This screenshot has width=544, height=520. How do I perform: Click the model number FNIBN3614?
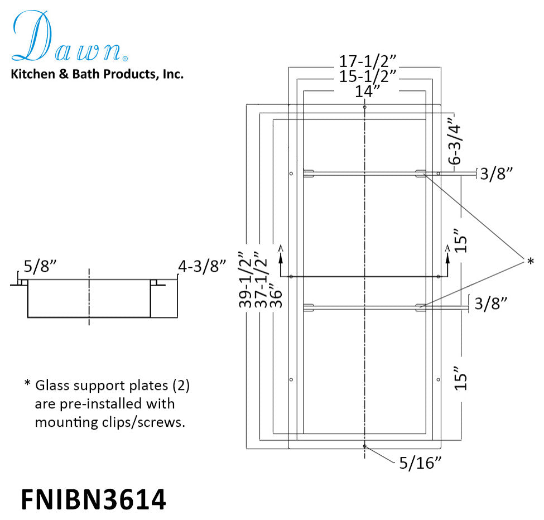tap(93, 499)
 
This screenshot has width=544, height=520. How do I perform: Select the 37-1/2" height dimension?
tap(259, 279)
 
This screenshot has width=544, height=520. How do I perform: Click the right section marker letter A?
tap(447, 248)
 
